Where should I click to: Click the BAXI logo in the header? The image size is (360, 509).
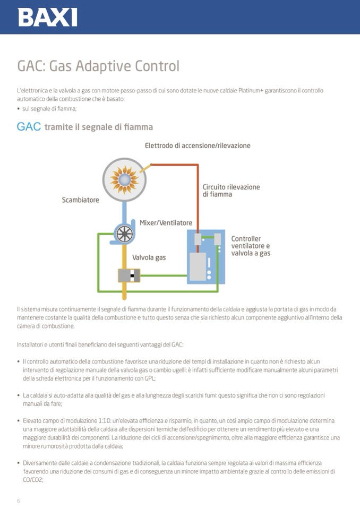pyautogui.click(x=47, y=17)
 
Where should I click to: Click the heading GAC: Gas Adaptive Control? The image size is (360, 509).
pyautogui.click(x=98, y=66)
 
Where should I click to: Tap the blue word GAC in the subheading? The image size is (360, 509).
pyautogui.click(x=29, y=127)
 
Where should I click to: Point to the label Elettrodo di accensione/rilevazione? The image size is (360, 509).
pyautogui.click(x=198, y=145)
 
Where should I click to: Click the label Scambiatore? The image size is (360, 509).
pyautogui.click(x=80, y=200)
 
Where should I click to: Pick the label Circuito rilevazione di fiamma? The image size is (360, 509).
pyautogui.click(x=231, y=191)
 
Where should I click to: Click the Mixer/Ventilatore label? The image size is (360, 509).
pyautogui.click(x=166, y=223)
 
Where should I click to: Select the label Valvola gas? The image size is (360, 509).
pyautogui.click(x=149, y=257)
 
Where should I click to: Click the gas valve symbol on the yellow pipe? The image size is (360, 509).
pyautogui.click(x=129, y=275)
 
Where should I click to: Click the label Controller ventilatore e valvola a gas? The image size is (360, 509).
pyautogui.click(x=251, y=246)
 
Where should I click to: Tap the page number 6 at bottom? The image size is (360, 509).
pyautogui.click(x=19, y=501)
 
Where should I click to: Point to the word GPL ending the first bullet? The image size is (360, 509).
pyautogui.click(x=149, y=379)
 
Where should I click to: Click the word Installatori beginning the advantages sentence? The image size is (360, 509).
pyautogui.click(x=31, y=345)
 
